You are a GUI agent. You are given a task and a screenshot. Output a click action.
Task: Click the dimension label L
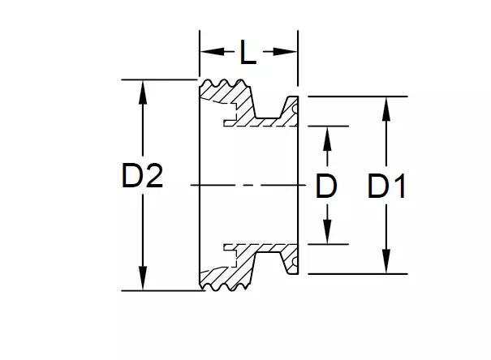pyautogui.click(x=248, y=54)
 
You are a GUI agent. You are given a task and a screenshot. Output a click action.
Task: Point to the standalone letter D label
pyautogui.click(x=325, y=187)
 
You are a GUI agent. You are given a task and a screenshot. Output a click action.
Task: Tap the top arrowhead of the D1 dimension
pyautogui.click(x=387, y=105)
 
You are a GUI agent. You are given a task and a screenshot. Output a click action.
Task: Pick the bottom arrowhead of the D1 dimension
pyautogui.click(x=387, y=266)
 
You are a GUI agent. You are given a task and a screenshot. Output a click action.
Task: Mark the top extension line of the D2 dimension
pyautogui.click(x=162, y=79)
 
